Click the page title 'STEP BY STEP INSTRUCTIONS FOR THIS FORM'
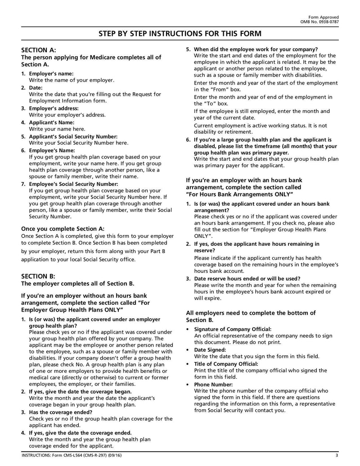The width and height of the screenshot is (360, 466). tap(180, 34)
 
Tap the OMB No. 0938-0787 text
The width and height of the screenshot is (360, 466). tap(319, 22)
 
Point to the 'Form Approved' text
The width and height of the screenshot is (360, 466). tap(326, 17)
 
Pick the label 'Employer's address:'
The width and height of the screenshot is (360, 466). tap(54, 109)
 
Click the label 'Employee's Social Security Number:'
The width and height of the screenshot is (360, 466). tap(73, 184)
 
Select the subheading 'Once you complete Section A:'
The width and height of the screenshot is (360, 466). tap(63, 229)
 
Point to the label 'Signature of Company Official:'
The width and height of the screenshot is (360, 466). tap(233, 329)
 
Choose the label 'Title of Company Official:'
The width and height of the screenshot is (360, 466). tap(226, 364)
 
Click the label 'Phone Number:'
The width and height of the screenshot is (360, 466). tap(213, 385)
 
